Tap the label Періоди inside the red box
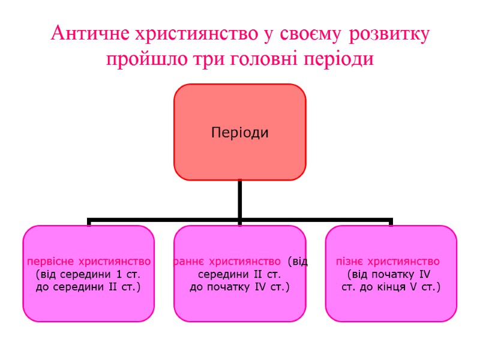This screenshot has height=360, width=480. click(239, 132)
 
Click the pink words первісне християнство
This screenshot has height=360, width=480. click(88, 262)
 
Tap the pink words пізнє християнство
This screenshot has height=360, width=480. click(388, 262)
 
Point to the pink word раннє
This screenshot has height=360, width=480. click(189, 262)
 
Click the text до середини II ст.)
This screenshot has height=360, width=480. click(88, 288)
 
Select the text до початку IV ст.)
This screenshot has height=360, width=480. click(239, 288)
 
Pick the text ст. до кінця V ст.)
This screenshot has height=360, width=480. click(391, 288)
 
